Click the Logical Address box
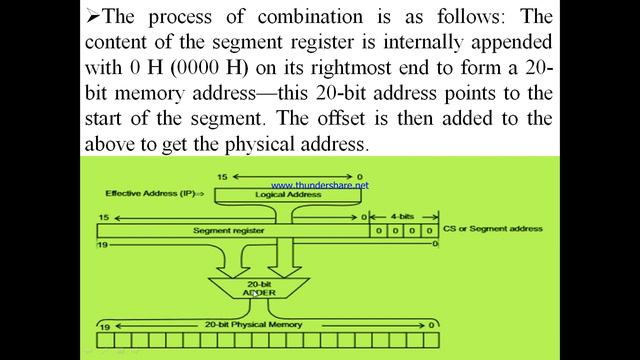[289, 194]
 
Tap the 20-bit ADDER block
[254, 289]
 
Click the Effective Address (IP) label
[154, 193]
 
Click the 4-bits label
[404, 216]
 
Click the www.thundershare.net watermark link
[319, 185]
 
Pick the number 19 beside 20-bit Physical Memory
[105, 325]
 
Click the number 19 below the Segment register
[101, 243]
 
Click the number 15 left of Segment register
[104, 217]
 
